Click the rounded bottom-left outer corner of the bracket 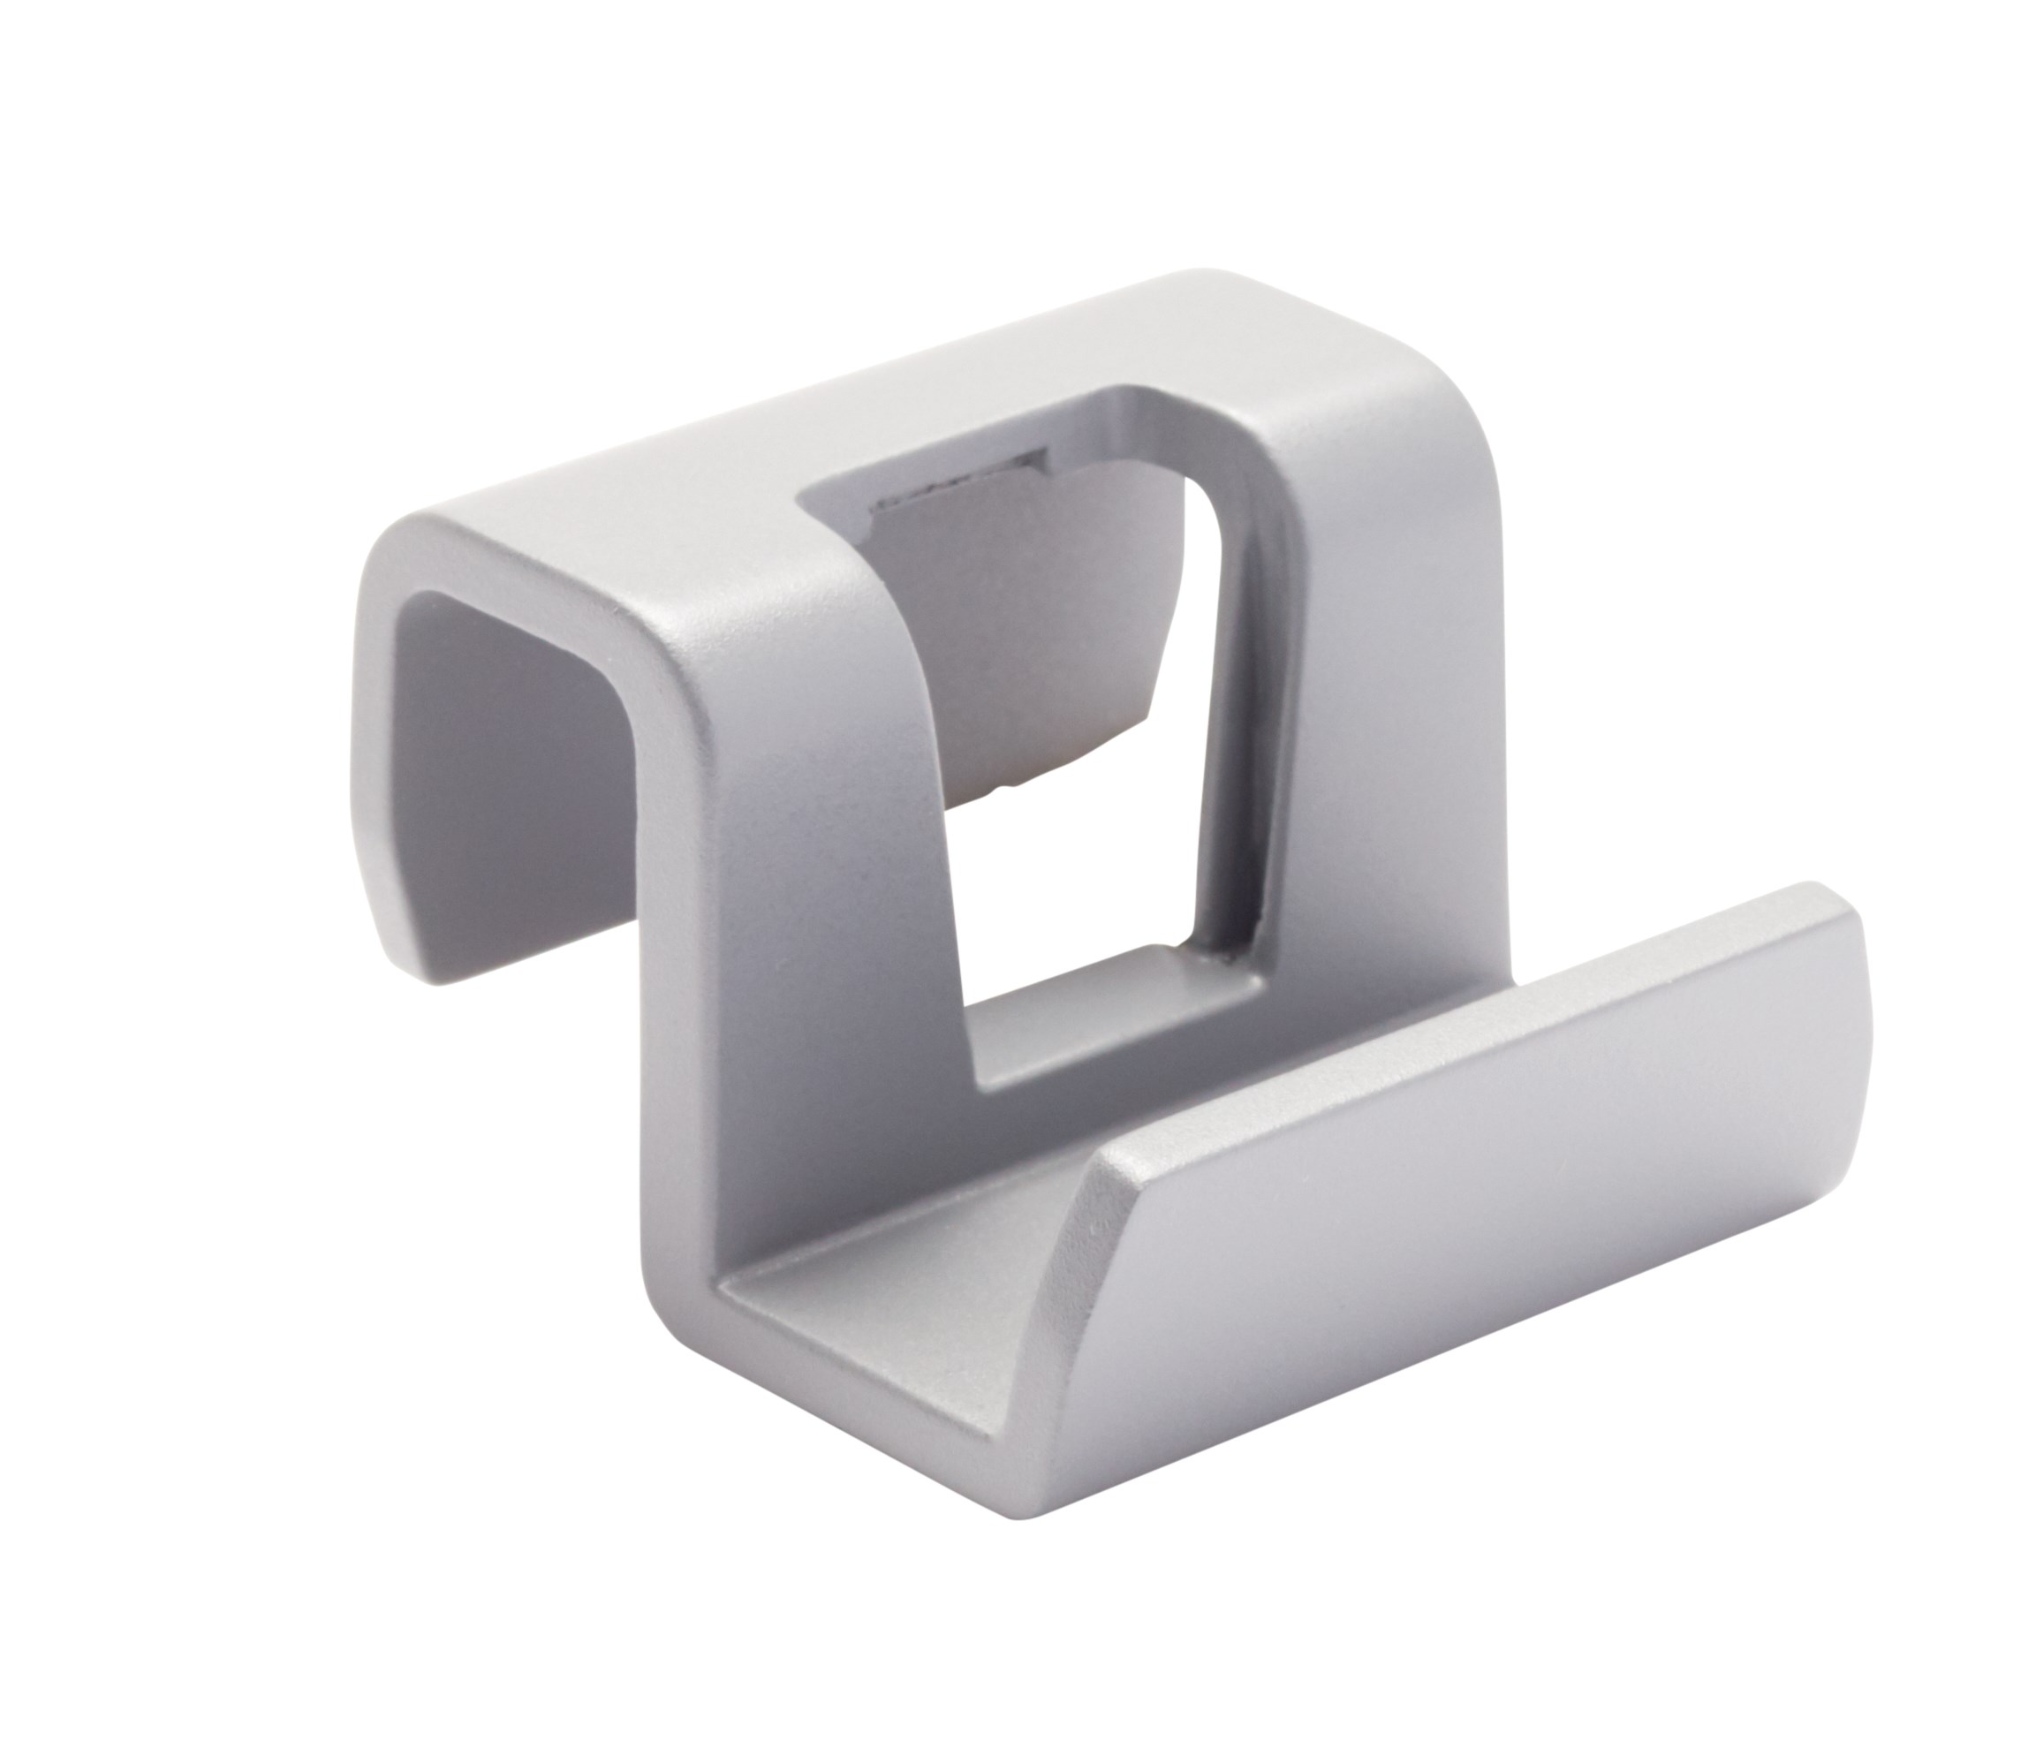(679, 1309)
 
